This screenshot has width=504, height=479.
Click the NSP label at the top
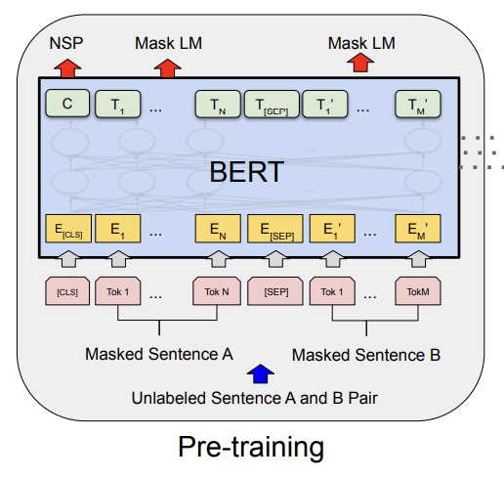click(65, 43)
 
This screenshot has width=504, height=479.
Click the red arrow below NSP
click(66, 66)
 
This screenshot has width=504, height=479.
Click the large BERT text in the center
click(246, 172)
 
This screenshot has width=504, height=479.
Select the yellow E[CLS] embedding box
click(66, 231)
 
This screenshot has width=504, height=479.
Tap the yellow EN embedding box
click(218, 231)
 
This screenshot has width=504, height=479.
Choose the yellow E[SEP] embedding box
click(271, 231)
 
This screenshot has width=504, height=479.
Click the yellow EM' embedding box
click(418, 231)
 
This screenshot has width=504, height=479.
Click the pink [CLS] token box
click(66, 291)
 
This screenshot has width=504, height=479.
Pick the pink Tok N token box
click(218, 291)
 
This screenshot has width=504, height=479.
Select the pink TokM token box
click(418, 291)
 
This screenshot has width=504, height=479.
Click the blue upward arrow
click(259, 372)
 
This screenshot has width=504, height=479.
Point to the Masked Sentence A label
click(158, 353)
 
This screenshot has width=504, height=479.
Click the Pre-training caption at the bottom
click(251, 448)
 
